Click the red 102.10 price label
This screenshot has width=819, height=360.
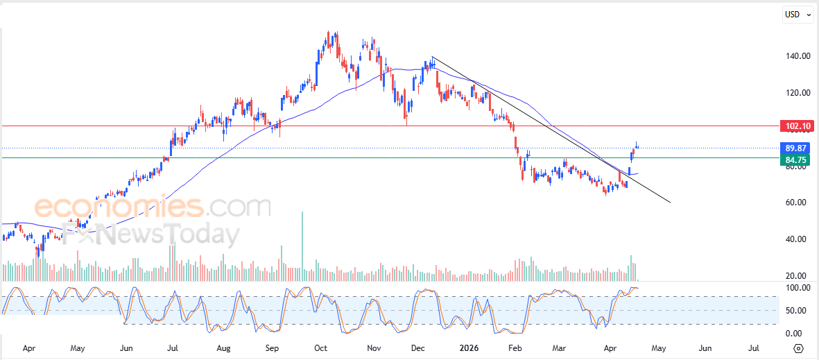796,126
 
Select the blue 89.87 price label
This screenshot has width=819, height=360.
796,148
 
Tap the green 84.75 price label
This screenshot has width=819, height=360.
796,160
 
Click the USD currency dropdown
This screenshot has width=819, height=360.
797,14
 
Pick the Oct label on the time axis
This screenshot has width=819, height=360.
320,348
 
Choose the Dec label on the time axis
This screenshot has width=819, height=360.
417,348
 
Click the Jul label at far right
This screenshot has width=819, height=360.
754,348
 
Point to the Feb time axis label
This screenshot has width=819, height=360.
515,348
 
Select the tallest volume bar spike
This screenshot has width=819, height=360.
302,243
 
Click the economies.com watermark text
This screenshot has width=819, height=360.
153,207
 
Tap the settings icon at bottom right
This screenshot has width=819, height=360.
798,348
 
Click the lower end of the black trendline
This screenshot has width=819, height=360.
670,203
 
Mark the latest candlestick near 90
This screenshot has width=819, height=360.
637,145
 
